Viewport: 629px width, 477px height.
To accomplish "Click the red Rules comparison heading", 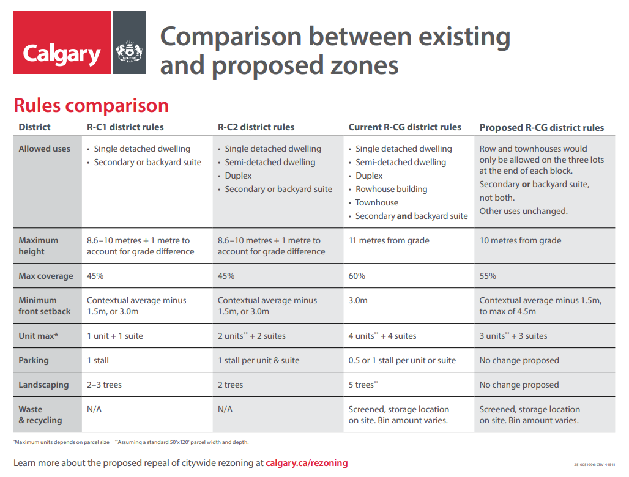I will (91, 105).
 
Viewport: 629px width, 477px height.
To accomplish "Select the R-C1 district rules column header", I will (125, 127).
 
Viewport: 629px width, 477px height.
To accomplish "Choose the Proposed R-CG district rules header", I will (542, 128).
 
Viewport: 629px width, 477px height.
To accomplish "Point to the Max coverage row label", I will (46, 276).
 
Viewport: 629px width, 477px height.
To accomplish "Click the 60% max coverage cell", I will (357, 276).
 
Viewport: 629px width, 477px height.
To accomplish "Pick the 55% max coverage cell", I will (488, 276).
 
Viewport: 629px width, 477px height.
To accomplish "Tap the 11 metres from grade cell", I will (389, 240).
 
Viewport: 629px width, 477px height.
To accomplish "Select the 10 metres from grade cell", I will (520, 240).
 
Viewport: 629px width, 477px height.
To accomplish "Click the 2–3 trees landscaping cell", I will (104, 385).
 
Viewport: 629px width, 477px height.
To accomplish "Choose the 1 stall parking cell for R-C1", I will (98, 360).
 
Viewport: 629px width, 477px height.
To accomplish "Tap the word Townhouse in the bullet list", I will (377, 202).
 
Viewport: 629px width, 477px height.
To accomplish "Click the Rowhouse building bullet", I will (392, 189).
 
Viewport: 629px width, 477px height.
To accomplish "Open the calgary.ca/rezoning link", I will (307, 463).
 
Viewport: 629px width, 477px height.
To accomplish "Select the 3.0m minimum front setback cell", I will (358, 300).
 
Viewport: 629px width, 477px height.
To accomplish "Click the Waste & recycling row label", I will (40, 415).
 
